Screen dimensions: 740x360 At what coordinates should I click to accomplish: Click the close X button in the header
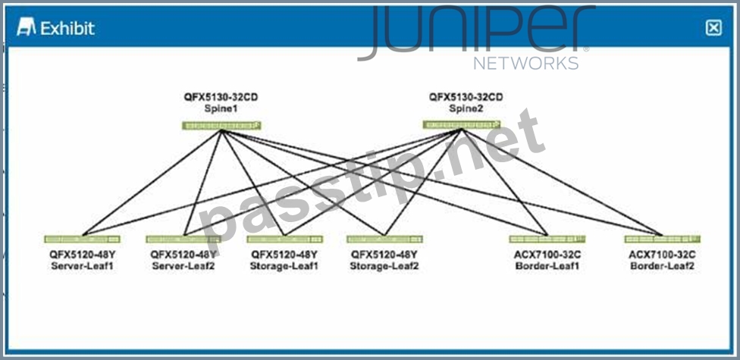tap(713, 28)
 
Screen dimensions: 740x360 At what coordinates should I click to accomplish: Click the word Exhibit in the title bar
tap(67, 28)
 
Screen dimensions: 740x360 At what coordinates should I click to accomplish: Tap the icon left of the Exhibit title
tap(26, 27)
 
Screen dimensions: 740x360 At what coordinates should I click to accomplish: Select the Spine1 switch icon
tap(221, 126)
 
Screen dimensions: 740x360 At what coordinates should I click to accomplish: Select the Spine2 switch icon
tap(462, 124)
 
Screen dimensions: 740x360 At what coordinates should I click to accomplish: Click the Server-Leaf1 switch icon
tap(82, 239)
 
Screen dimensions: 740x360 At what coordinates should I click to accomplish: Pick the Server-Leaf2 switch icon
tap(183, 239)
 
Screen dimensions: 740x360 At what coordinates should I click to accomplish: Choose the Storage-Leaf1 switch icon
tap(284, 239)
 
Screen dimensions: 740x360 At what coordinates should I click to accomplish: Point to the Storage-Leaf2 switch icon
tap(384, 239)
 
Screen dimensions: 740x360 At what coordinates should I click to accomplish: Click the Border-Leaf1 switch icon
tap(547, 239)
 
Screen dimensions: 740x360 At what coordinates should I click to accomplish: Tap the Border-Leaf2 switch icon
tap(662, 239)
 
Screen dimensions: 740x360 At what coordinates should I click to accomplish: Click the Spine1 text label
tap(221, 108)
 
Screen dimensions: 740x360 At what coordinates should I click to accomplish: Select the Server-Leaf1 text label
tap(83, 266)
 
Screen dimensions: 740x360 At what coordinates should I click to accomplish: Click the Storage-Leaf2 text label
tap(384, 266)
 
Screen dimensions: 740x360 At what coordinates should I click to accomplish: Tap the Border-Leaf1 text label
tap(547, 266)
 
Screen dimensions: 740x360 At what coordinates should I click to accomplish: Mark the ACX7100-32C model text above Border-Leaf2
tap(662, 255)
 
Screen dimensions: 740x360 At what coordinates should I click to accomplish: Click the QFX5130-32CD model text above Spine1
tap(221, 97)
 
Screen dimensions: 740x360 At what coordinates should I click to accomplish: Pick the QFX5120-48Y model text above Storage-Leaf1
tap(284, 255)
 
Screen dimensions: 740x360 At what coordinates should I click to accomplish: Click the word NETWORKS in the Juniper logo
tap(526, 63)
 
